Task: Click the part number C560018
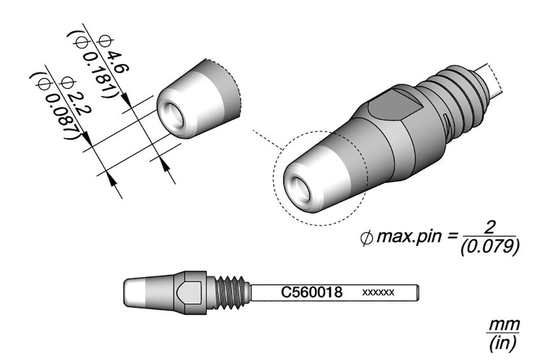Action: tap(312, 292)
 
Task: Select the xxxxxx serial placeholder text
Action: tap(378, 292)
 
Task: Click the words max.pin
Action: tap(409, 237)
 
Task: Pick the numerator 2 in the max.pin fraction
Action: tap(490, 228)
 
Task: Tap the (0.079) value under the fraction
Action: tap(490, 247)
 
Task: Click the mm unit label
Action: tap(504, 325)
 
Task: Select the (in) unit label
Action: tap(503, 343)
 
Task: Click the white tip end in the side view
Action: tap(135, 292)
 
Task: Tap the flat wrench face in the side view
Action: tap(189, 292)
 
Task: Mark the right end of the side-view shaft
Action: tap(419, 292)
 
